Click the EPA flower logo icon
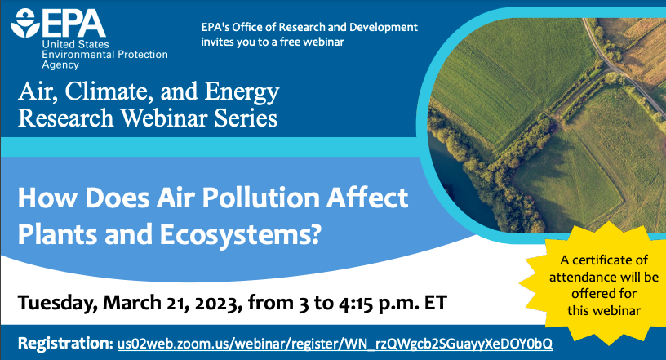pos(25,23)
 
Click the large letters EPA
pos(74,24)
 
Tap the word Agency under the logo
pos(60,65)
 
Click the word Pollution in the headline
pos(260,198)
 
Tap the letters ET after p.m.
pos(433,303)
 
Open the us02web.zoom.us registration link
pos(335,344)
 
